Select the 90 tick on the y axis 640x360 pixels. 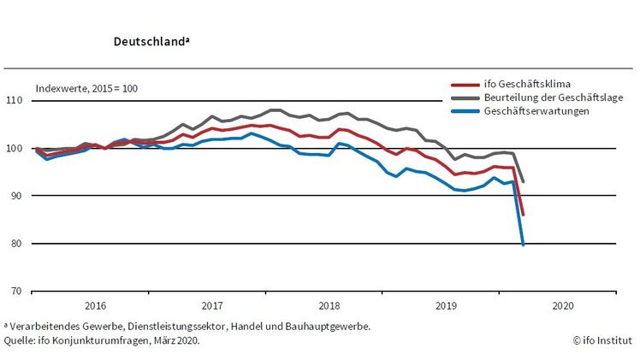16,196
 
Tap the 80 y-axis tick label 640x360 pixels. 16,244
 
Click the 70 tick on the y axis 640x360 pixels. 16,292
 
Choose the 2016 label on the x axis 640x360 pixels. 95,304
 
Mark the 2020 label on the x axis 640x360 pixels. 563,304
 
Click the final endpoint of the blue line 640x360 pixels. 523,245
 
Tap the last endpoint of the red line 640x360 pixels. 523,215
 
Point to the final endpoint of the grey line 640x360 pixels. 523,181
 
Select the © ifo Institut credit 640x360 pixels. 602,339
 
